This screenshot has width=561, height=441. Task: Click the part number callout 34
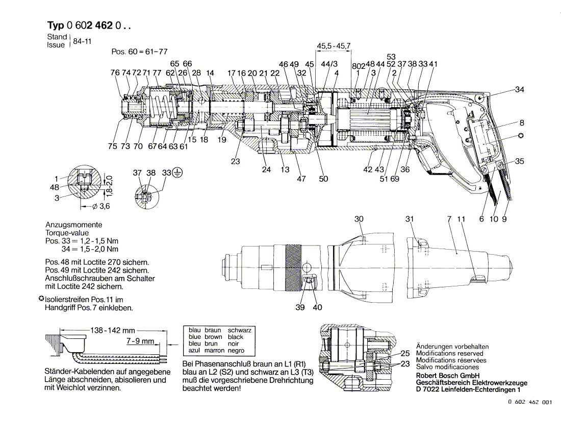(x=520, y=89)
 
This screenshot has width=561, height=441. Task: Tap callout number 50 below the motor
(x=323, y=179)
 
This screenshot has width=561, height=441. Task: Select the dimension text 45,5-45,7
(x=334, y=46)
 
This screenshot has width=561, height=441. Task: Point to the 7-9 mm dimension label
(x=140, y=341)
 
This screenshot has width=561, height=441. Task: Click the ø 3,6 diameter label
(x=101, y=206)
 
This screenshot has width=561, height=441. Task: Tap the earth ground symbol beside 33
(x=177, y=173)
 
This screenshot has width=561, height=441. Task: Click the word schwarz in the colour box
(x=239, y=330)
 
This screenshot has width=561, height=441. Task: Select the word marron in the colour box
(x=214, y=351)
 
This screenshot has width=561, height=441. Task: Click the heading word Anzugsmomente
(x=74, y=225)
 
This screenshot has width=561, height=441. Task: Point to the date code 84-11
(x=82, y=41)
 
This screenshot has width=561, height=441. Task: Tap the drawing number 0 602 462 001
(x=530, y=402)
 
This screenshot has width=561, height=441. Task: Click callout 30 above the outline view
(x=359, y=219)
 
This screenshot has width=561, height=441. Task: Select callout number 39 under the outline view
(x=300, y=307)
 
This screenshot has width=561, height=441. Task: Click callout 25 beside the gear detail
(x=404, y=354)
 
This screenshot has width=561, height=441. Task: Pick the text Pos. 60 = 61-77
(x=140, y=52)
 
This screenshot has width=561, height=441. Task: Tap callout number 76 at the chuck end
(x=115, y=72)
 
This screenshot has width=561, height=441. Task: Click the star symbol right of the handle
(x=521, y=136)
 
